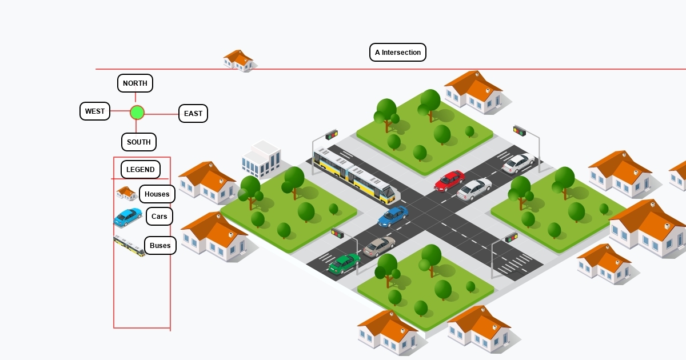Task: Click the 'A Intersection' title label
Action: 398,53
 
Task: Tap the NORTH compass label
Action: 135,83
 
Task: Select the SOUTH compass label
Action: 139,142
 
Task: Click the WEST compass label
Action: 95,111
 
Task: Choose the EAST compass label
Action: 193,114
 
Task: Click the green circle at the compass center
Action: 137,113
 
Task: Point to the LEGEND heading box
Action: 141,170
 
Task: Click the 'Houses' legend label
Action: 157,194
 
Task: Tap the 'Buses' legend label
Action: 160,246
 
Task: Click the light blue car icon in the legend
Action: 128,217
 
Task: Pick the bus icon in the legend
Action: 129,246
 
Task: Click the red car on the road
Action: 449,181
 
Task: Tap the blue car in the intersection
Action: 393,216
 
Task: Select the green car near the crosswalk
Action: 344,263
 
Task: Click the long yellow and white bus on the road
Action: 354,174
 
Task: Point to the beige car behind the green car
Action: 379,246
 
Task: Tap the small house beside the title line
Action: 238,60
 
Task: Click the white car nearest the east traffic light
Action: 518,163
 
